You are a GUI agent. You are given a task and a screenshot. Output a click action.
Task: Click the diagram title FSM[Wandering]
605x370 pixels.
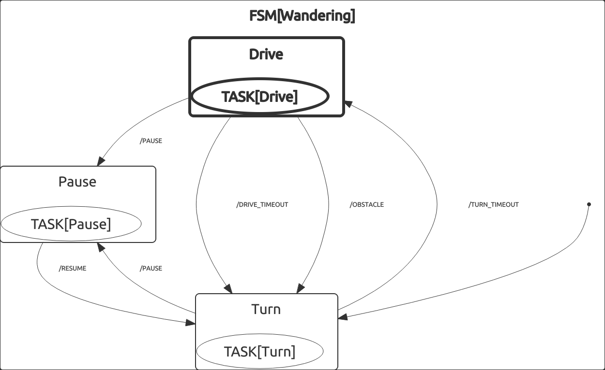(302, 16)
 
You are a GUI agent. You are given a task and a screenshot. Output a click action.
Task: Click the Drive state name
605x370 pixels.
(266, 54)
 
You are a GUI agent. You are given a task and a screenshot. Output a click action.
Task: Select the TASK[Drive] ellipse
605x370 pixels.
(260, 97)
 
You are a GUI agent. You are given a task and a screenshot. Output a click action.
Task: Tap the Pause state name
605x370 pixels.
(77, 182)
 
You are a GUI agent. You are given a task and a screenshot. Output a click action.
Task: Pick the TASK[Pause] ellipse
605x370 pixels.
(71, 224)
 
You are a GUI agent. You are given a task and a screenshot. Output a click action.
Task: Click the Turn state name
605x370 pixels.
(266, 309)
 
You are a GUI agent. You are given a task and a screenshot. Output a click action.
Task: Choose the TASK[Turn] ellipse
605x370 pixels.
(259, 352)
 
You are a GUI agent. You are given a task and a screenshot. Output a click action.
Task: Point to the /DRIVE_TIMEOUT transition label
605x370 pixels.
(262, 205)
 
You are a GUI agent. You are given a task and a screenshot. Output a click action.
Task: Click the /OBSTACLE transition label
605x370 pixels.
(366, 205)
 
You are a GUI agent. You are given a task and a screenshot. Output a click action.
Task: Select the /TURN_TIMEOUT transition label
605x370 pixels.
(493, 205)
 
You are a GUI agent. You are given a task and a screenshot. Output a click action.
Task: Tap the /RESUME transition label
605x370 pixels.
(73, 269)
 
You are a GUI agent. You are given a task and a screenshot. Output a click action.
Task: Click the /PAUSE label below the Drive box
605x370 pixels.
(151, 141)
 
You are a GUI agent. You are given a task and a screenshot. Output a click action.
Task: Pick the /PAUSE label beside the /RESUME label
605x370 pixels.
(151, 269)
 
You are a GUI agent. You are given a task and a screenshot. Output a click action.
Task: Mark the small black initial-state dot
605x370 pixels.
(589, 204)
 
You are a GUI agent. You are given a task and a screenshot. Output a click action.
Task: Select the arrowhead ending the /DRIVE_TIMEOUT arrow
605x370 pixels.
(228, 289)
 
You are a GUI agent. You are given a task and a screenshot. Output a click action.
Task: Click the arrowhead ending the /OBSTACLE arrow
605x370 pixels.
(301, 289)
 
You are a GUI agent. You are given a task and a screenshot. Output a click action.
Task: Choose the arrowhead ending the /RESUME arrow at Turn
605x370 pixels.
(191, 322)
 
